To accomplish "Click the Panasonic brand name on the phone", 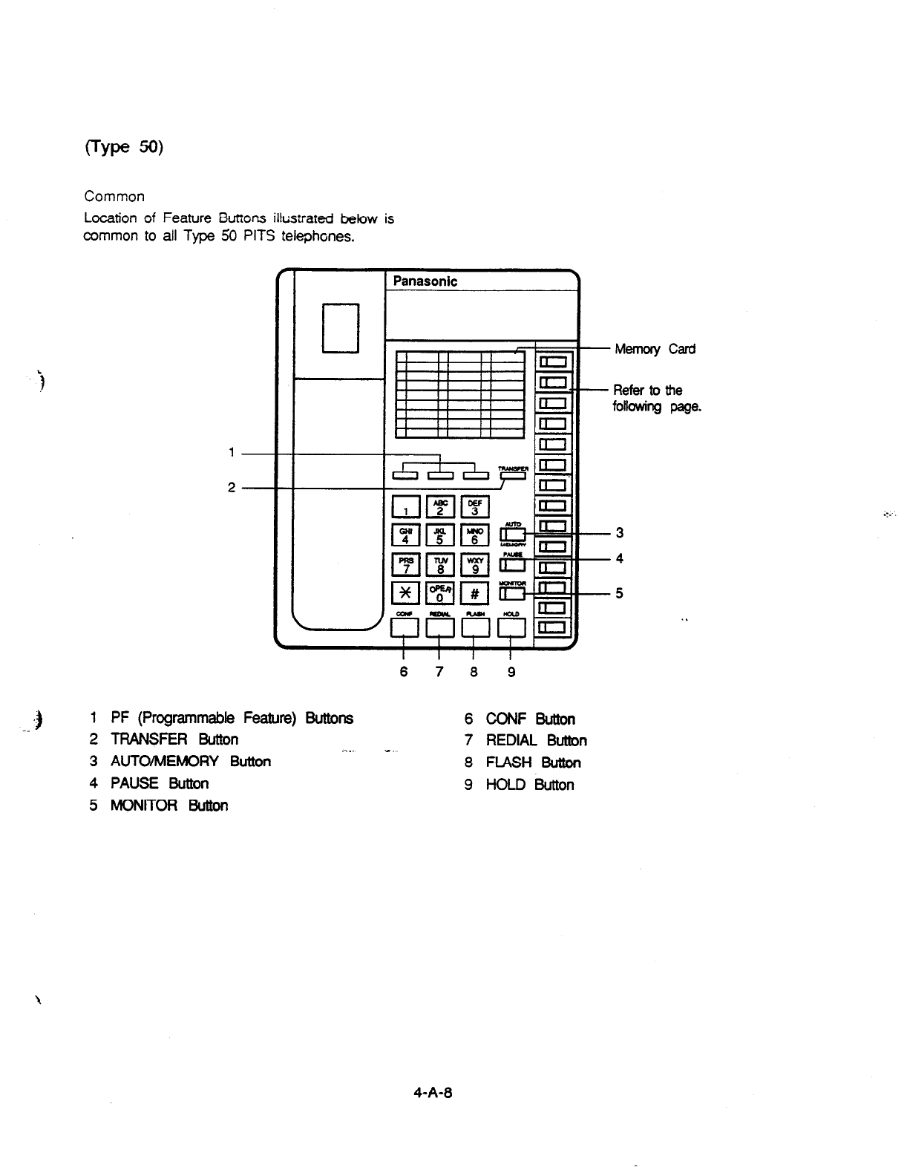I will pos(425,281).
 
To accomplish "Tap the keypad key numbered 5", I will pos(439,536).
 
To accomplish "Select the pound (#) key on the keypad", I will pos(475,593).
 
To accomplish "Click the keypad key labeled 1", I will pos(405,508).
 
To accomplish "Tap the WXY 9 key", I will pos(475,565).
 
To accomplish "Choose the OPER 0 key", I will pos(439,593).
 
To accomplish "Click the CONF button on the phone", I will pos(405,628).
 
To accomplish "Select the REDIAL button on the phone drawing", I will pos(440,628).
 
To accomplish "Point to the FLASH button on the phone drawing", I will pos(475,628).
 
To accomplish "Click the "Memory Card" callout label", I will pos(655,350).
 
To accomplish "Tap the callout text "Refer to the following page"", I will pos(656,399).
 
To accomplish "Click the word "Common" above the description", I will pos(114,197).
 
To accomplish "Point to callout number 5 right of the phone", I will pos(618,594).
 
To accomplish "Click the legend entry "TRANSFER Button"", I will pos(174,739).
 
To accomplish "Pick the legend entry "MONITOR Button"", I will pos(168,806).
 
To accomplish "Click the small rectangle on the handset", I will pos(341,328).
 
